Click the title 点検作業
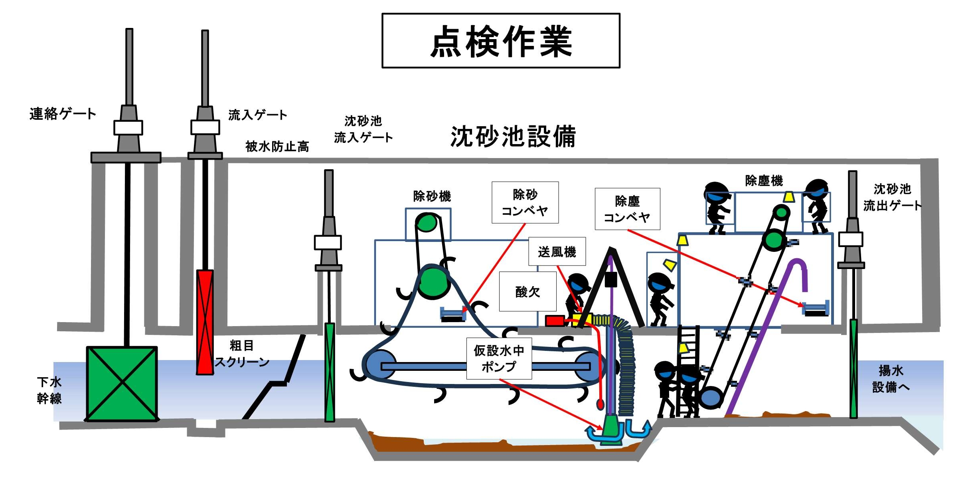[x=501, y=41]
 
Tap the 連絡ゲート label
[x=63, y=114]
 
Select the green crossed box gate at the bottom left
[x=122, y=384]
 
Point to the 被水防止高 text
[x=277, y=147]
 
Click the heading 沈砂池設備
[x=513, y=137]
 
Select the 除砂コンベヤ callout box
[x=525, y=202]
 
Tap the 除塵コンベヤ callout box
[x=627, y=209]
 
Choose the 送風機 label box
[x=557, y=252]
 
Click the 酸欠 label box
[x=527, y=292]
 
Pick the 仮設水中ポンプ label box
[x=499, y=358]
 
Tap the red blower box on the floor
[x=555, y=321]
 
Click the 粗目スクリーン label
[x=242, y=354]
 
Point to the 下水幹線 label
[x=49, y=390]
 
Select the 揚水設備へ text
[x=891, y=379]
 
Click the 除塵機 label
[x=764, y=181]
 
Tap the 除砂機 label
[x=432, y=196]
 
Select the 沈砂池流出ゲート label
[x=892, y=197]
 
